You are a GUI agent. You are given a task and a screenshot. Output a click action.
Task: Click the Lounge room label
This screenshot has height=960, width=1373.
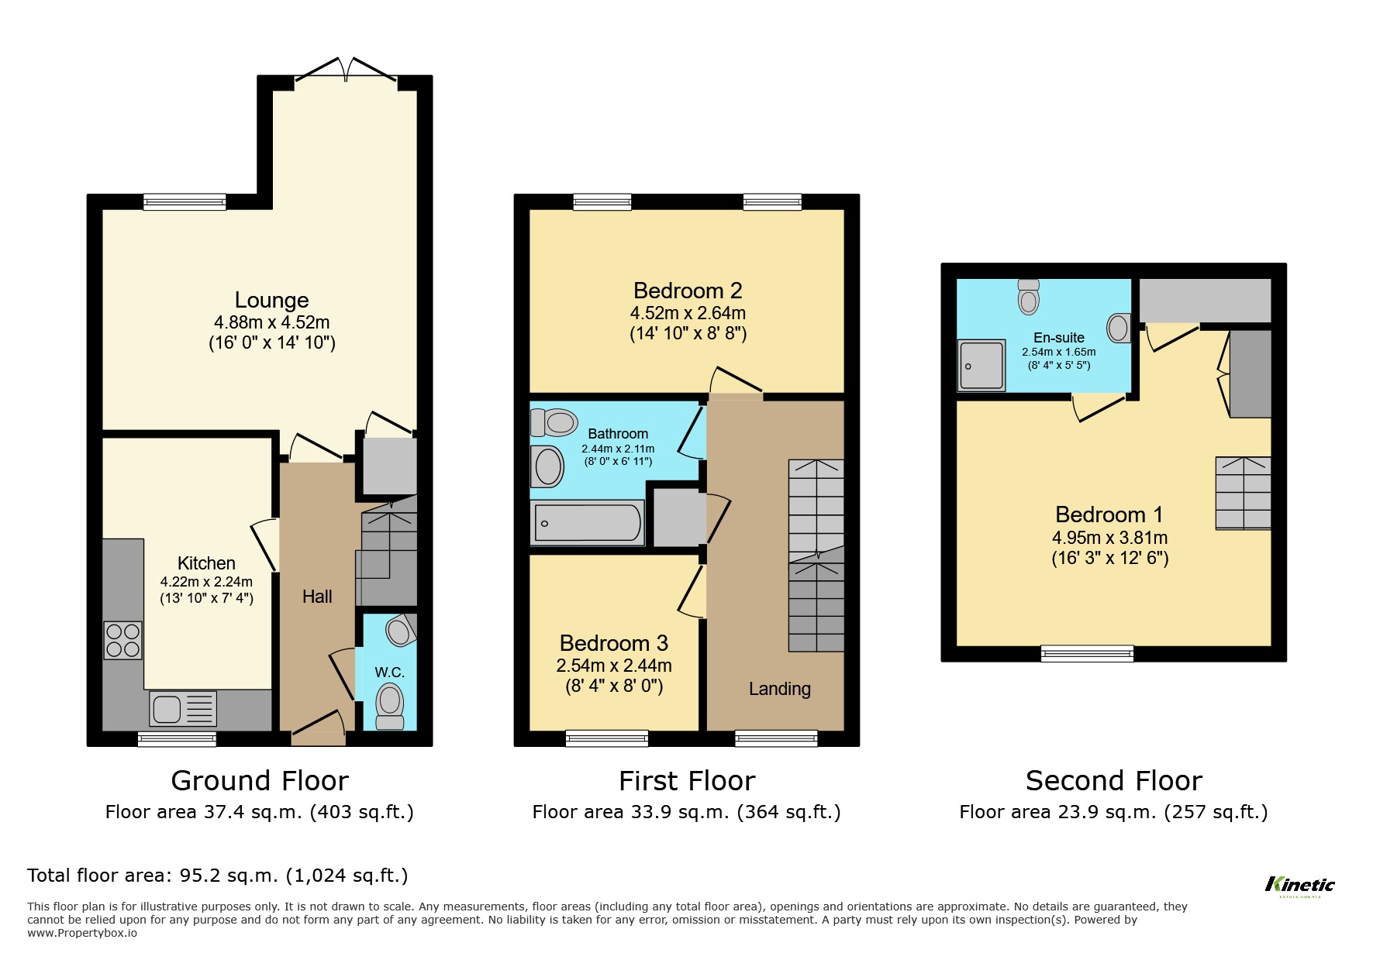271,300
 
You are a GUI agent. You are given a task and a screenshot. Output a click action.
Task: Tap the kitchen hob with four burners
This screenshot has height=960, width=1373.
122,640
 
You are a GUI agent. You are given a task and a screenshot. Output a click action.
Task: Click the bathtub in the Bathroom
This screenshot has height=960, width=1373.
587,523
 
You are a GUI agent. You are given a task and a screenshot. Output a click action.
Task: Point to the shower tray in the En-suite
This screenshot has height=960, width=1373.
981,365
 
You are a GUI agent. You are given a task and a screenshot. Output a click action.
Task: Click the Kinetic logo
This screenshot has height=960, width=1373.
1299,885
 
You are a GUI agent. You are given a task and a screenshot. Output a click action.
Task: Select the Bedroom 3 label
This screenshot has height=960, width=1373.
613,643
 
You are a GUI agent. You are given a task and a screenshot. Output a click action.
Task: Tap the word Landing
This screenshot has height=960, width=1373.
779,689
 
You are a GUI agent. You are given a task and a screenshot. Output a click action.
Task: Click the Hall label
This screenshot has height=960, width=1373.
317,597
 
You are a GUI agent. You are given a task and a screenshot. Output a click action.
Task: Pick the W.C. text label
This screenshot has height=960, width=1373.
389,672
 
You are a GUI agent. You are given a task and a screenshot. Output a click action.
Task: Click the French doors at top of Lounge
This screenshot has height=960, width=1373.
346,70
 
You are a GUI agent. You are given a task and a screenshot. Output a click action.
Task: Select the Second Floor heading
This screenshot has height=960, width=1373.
1113,780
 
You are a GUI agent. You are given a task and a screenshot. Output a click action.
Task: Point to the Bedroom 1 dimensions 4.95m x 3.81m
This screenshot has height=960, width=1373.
1109,538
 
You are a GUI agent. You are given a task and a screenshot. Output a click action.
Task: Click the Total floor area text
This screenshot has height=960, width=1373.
217,876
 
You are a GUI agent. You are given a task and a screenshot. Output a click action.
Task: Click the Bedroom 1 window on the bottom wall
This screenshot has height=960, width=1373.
1087,653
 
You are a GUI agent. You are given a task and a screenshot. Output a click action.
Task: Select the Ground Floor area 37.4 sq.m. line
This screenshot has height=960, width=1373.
259,812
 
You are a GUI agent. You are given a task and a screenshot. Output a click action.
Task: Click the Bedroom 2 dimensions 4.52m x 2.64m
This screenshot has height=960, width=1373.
688,313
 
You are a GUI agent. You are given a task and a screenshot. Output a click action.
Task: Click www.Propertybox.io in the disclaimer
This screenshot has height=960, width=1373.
82,933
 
